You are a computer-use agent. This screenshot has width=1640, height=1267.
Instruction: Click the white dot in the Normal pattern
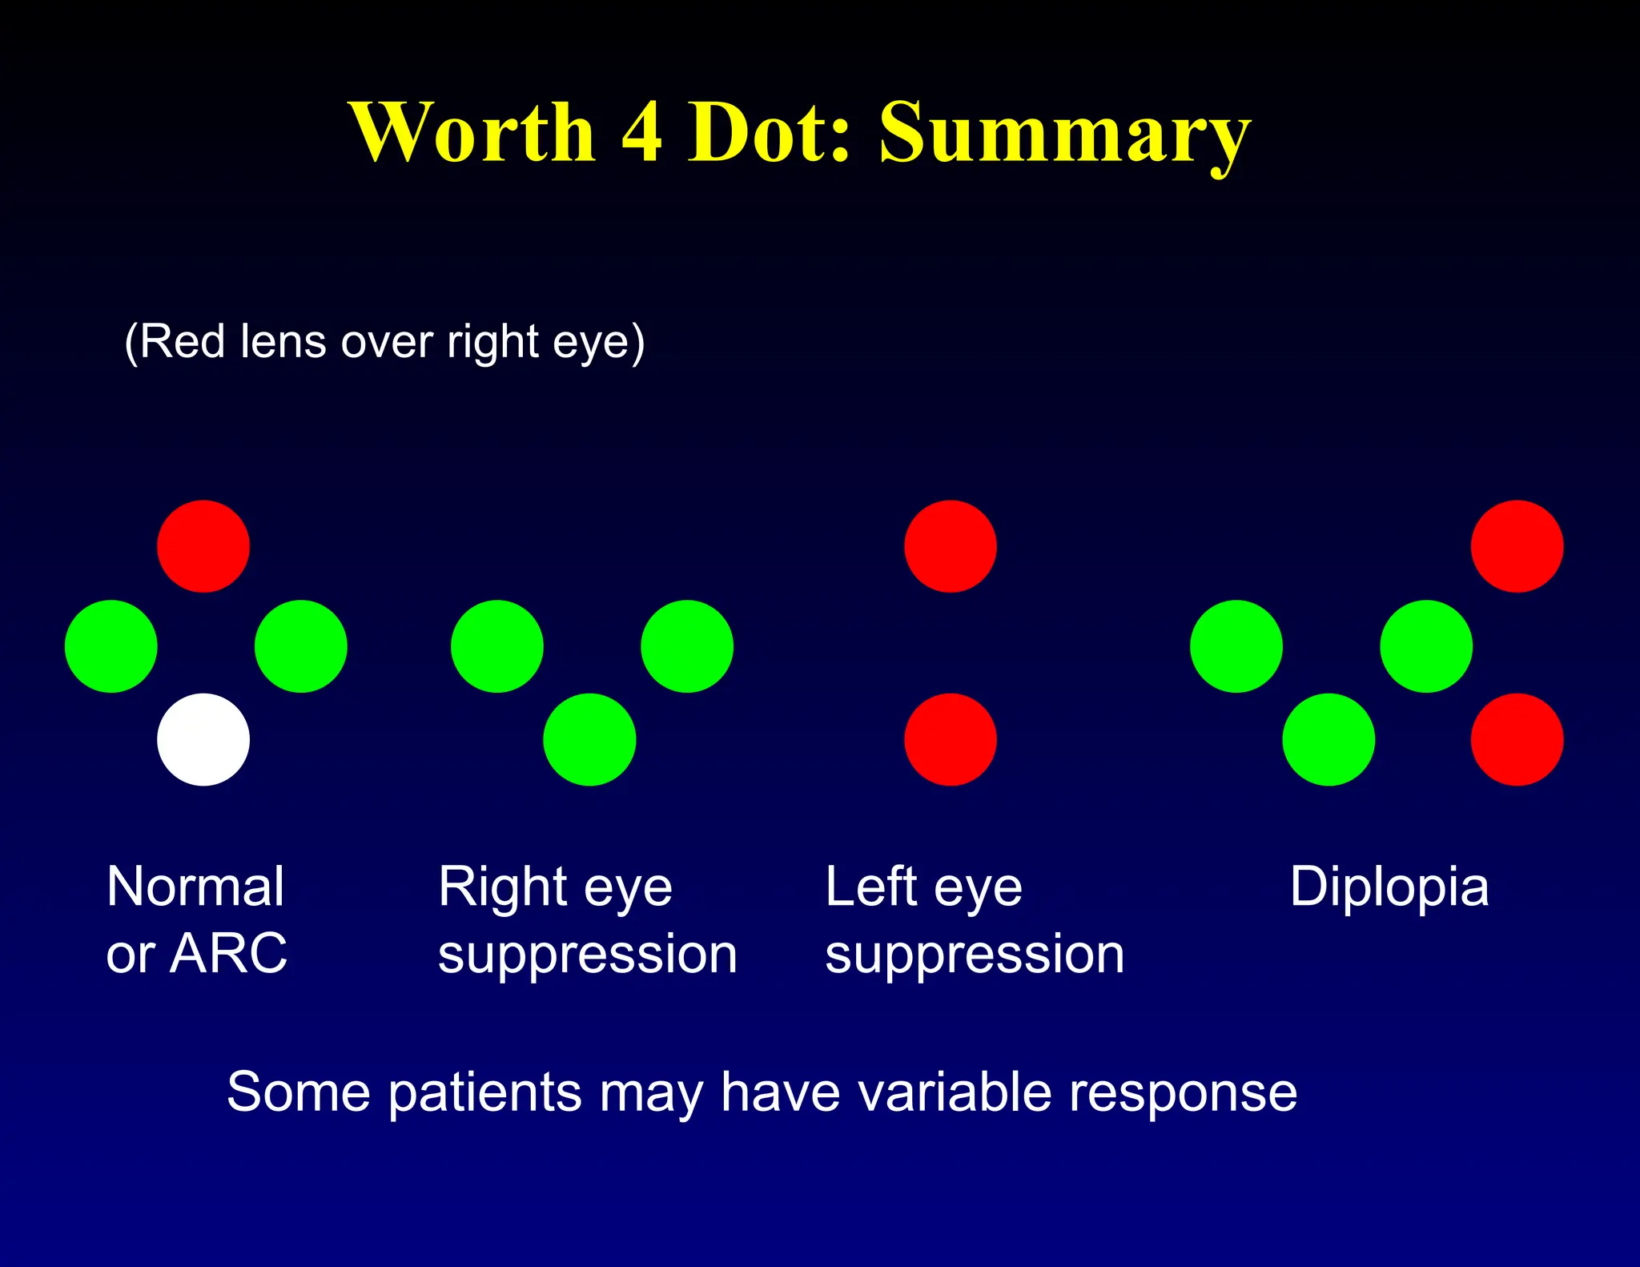pos(203,739)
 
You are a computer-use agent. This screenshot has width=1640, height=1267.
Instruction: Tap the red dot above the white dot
pos(203,546)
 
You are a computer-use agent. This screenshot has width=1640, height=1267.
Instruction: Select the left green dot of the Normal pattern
pos(111,646)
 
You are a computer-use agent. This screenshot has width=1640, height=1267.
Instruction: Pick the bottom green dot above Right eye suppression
pos(589,739)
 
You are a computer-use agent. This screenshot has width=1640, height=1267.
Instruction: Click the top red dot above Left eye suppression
pos(951,546)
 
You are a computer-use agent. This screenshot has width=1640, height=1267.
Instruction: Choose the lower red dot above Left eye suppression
pos(951,739)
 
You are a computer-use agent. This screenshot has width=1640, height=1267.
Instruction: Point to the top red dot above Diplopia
pos(1517,546)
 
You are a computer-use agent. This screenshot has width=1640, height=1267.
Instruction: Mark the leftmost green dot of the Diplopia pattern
pos(1236,646)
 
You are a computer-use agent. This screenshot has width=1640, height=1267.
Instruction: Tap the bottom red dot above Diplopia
pos(1517,739)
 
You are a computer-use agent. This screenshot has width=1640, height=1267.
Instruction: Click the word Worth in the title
pos(472,132)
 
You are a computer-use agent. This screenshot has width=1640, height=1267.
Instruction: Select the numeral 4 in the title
pos(641,132)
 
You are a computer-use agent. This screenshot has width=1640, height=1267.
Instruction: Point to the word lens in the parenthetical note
pos(284,342)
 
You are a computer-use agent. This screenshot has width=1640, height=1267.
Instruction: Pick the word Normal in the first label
pos(195,887)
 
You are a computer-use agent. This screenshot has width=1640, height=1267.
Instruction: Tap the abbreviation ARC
pos(228,954)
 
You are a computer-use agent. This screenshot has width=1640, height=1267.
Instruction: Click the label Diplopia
pos(1389,888)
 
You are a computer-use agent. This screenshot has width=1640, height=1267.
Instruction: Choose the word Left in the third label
pos(870,887)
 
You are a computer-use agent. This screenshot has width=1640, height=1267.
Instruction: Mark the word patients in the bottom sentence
pos(484,1093)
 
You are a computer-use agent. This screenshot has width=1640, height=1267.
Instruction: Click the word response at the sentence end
pos(1183,1095)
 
